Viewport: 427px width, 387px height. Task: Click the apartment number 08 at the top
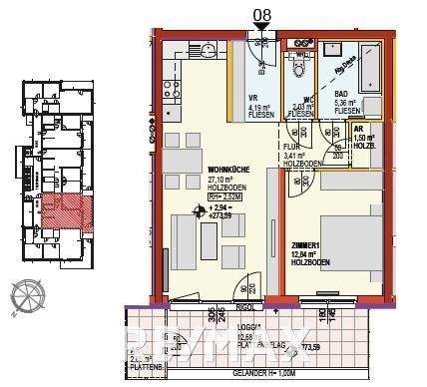(263, 14)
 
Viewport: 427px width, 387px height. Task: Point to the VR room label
(254, 97)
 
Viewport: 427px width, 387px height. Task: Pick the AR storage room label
(357, 129)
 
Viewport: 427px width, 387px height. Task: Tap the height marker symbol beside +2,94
(197, 210)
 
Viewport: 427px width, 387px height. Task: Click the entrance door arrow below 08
(263, 32)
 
